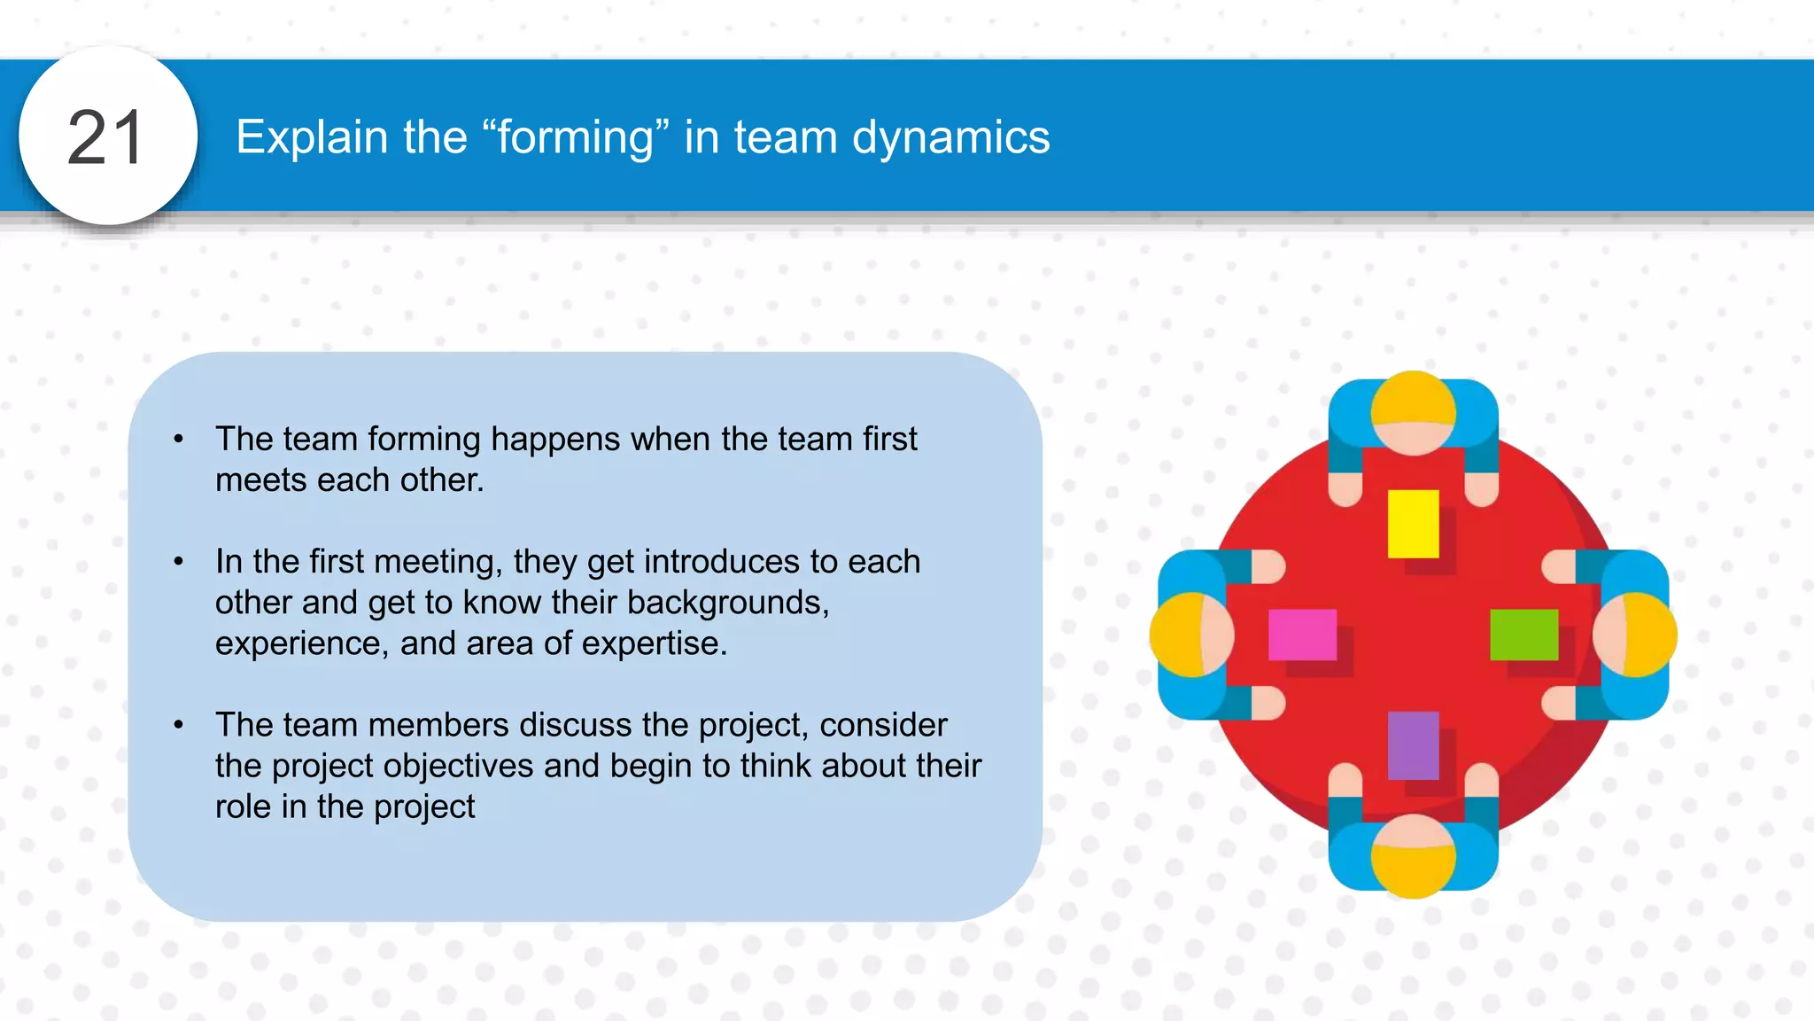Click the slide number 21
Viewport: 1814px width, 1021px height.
(105, 137)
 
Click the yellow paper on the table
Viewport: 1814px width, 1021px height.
(1413, 523)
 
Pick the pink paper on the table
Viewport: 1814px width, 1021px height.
(1302, 634)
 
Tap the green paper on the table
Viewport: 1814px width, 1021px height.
(1523, 634)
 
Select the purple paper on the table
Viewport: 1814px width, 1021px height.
(1413, 744)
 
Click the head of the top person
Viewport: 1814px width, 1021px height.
(1413, 413)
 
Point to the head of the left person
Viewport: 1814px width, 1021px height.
(1192, 635)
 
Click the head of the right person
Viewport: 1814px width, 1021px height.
(1634, 635)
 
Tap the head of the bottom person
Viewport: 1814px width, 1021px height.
(1413, 855)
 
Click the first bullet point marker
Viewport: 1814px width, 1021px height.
(179, 439)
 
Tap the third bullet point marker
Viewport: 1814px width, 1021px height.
(179, 725)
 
